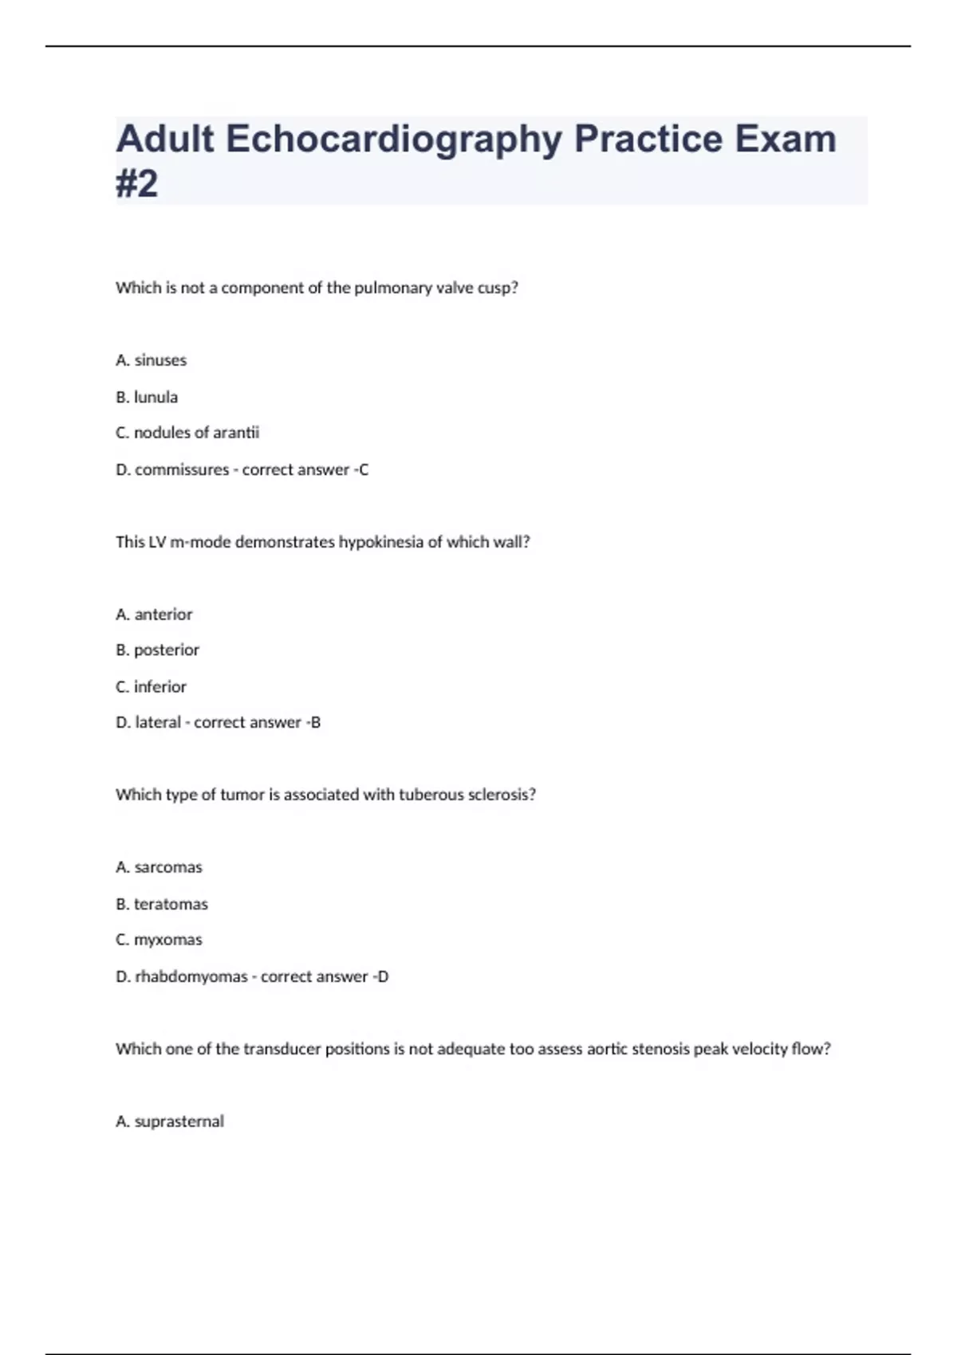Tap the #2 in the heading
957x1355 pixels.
(x=137, y=184)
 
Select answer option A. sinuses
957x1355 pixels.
(x=152, y=360)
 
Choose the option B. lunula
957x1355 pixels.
(x=147, y=397)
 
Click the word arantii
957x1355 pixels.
(x=237, y=433)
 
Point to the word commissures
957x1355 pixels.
(x=182, y=470)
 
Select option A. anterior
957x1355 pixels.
(x=154, y=615)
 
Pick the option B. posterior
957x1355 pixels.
(x=157, y=650)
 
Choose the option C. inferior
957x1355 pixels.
(x=151, y=687)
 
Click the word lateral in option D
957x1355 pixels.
(x=158, y=723)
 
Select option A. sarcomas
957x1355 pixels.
(x=159, y=867)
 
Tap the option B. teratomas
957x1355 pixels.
(x=162, y=905)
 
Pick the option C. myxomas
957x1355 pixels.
(x=159, y=941)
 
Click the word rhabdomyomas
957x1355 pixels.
(x=191, y=977)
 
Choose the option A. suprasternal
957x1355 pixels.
(x=170, y=1121)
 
